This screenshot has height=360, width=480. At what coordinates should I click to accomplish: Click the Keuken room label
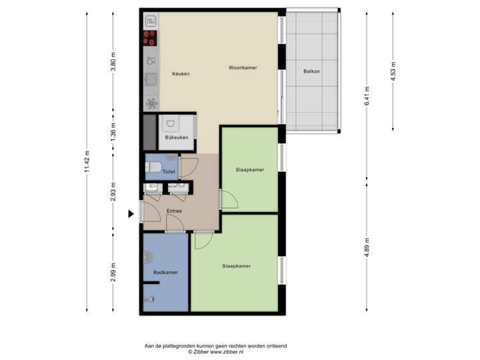coord(181,73)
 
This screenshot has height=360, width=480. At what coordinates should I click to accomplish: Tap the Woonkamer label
coord(243,68)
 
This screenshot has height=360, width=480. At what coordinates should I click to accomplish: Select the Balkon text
coord(311,71)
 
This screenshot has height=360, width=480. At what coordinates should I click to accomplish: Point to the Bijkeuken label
coord(177,138)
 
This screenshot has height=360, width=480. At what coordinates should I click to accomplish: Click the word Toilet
coord(169,171)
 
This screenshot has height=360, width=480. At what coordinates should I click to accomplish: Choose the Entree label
coord(174,211)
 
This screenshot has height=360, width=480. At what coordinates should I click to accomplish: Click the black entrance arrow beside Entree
coord(131,214)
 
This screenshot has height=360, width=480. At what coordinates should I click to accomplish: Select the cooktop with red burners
coord(150,38)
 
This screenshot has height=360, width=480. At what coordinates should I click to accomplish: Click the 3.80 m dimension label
coord(113,61)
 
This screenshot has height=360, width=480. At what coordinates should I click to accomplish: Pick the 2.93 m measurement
coord(113,191)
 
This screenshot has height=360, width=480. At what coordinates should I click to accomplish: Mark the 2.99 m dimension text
coord(113,273)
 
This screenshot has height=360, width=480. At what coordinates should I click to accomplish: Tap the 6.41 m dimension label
coord(366,93)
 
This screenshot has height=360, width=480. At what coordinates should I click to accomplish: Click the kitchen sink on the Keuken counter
coord(151,79)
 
